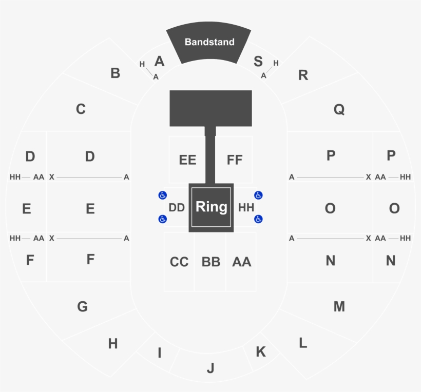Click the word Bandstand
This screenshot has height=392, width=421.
[x=209, y=42]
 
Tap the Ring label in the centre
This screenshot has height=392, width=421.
[x=211, y=207]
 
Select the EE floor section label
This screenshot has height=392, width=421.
[x=187, y=160]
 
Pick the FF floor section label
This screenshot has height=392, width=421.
[x=235, y=160]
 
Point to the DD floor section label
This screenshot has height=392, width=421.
[x=177, y=207]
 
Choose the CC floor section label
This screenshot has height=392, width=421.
[x=179, y=262]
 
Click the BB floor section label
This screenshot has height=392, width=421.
[x=210, y=262]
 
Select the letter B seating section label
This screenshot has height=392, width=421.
[x=115, y=73]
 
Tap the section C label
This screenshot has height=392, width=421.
[x=81, y=109]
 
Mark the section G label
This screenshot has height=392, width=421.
[x=82, y=307]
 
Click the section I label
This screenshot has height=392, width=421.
[x=160, y=353]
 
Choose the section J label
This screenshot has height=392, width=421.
[x=210, y=368]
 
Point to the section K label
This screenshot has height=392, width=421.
[x=261, y=352]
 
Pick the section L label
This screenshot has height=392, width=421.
[x=303, y=343]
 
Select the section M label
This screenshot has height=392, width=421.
[x=339, y=307]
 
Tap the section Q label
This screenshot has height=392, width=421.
[x=339, y=109]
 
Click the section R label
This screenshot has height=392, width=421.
[x=303, y=75]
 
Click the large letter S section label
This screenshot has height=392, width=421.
[x=258, y=62]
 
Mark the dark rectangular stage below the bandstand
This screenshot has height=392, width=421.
[x=210, y=108]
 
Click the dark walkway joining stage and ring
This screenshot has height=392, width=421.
[x=210, y=156]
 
